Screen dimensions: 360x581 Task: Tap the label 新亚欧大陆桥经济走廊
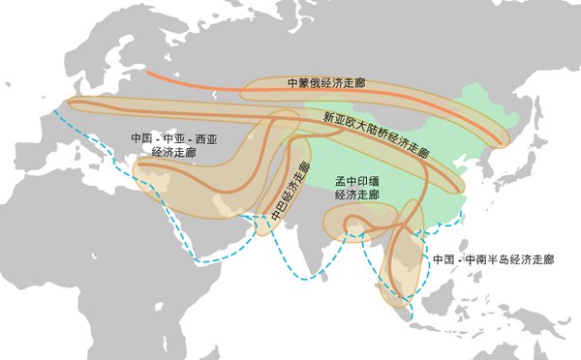(x=376, y=134)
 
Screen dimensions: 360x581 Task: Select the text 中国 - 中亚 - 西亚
(x=174, y=139)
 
